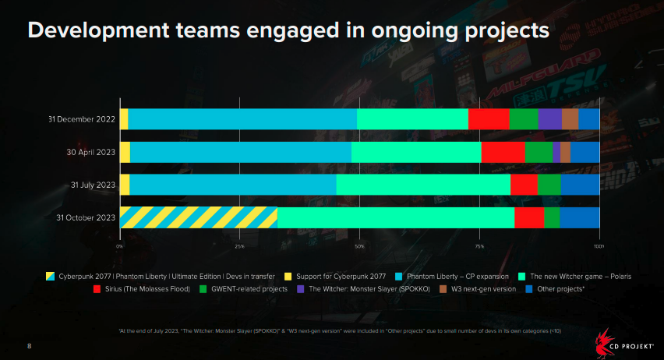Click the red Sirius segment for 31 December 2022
(489, 118)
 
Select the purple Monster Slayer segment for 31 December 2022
(549, 118)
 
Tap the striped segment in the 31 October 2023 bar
(199, 217)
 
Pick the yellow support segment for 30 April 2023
(125, 152)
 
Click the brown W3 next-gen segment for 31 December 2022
(570, 118)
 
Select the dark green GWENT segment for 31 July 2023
(549, 185)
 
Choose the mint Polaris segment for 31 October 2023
(396, 217)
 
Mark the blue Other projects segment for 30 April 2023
(585, 152)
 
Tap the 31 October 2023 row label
(86, 218)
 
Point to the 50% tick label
(359, 245)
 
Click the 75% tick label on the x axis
(479, 245)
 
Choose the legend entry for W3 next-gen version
(483, 288)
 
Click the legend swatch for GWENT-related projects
(203, 288)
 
